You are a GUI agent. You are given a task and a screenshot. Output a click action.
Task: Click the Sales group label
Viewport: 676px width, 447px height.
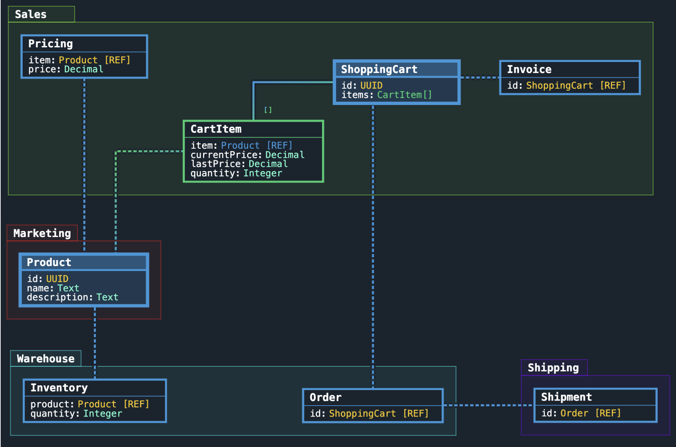31,14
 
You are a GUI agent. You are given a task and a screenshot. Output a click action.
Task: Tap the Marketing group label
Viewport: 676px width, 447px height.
42,233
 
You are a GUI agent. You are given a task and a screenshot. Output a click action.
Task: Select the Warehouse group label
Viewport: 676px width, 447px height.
46,358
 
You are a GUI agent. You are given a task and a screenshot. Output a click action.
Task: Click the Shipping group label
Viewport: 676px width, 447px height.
553,367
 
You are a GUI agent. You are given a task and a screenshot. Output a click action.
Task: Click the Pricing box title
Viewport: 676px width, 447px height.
51,44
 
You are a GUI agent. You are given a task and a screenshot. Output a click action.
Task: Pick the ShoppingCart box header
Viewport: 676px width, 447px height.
379,69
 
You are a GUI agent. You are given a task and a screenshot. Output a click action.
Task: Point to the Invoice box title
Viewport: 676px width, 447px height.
529,69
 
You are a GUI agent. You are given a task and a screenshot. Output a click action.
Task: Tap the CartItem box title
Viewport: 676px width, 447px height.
216,129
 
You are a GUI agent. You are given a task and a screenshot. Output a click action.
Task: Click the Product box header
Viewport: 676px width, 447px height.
49,262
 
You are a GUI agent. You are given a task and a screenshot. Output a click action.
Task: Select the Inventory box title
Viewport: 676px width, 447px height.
59,387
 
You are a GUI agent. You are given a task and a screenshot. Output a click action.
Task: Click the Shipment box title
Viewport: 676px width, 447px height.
566,397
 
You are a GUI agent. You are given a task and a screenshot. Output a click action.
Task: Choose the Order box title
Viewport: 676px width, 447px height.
325,397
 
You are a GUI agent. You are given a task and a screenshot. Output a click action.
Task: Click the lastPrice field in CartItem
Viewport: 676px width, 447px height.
239,164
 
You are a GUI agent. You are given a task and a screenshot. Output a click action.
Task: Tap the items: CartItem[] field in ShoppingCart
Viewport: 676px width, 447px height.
386,95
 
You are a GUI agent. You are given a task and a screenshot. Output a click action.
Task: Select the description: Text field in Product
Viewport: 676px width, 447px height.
73,297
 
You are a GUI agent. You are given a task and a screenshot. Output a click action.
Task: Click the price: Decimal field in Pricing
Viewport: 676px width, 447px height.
66,69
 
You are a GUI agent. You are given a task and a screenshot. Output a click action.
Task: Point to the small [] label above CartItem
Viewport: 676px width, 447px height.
268,110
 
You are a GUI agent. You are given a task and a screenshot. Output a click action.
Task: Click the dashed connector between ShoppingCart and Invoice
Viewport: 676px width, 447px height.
480,77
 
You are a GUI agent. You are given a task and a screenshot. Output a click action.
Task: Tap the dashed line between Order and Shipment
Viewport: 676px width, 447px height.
488,405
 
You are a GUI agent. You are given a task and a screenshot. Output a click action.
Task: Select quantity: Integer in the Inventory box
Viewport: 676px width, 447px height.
76,413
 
